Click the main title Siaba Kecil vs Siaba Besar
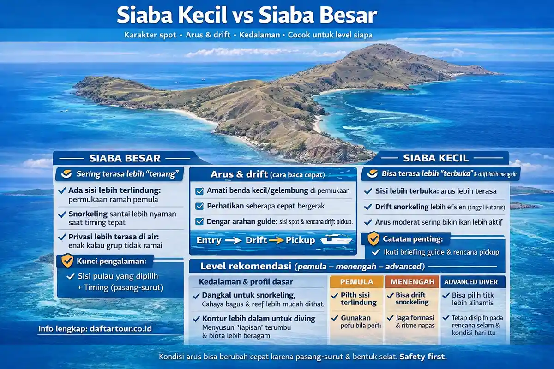click(247, 16)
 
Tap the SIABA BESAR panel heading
click(124, 158)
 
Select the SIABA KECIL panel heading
click(435, 158)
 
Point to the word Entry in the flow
click(208, 240)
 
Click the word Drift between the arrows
click(256, 240)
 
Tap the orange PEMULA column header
click(356, 281)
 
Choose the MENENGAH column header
click(412, 281)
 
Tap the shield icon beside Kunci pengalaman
click(67, 261)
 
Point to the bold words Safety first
click(423, 357)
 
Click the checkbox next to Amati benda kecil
click(199, 191)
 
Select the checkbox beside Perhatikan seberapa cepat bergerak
click(199, 206)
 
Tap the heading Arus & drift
click(239, 174)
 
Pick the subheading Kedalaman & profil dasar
click(246, 281)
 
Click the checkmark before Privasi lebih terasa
click(62, 237)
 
